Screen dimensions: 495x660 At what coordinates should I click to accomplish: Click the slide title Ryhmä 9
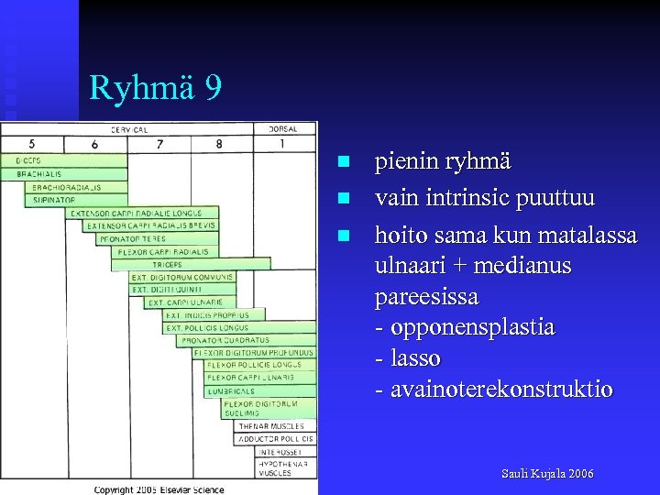(x=155, y=88)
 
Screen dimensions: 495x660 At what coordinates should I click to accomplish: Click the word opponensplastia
(x=471, y=327)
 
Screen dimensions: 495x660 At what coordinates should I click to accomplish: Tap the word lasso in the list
(x=415, y=358)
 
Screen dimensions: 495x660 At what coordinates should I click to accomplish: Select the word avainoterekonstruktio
(x=501, y=390)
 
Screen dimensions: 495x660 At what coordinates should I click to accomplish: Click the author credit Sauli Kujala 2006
(x=547, y=474)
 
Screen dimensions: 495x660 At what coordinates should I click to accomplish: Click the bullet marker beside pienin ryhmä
(x=343, y=162)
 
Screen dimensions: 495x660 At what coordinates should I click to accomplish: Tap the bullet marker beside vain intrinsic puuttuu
(x=343, y=198)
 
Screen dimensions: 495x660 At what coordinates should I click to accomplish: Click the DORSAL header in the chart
(x=283, y=129)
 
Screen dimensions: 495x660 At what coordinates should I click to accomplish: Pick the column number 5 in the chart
(x=32, y=144)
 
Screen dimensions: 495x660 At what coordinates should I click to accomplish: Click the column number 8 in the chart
(x=218, y=144)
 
